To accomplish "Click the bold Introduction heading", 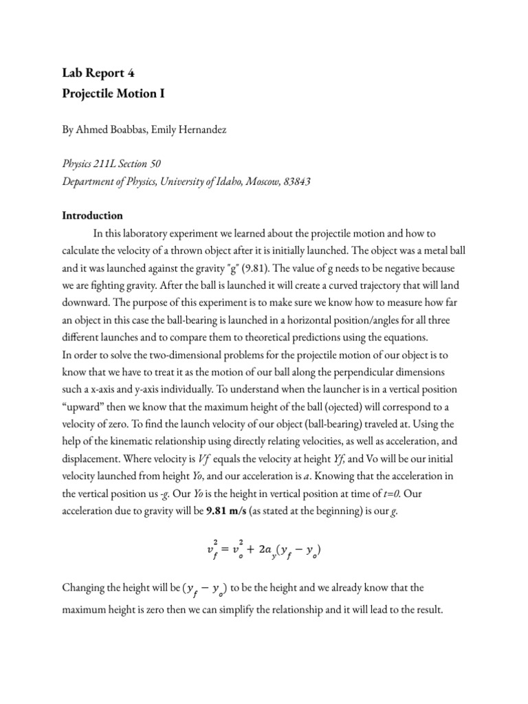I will [x=93, y=215].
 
